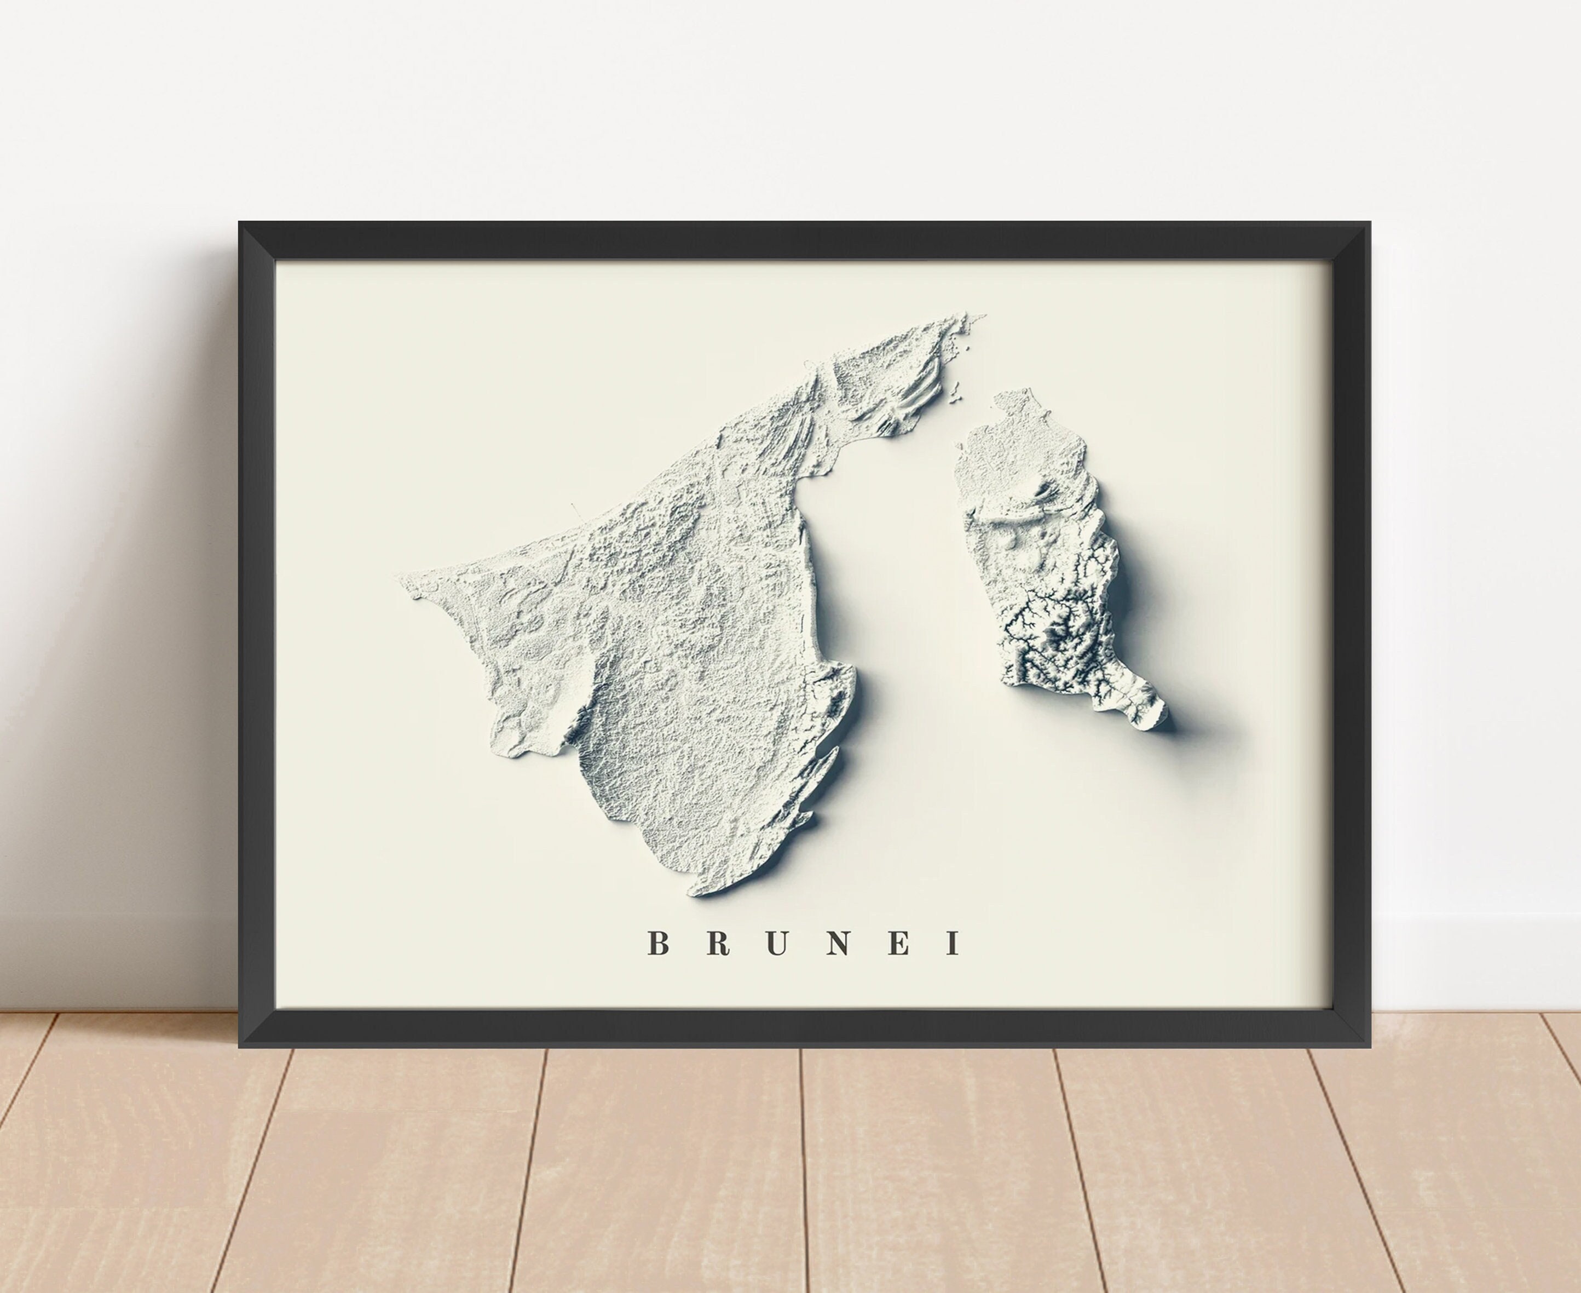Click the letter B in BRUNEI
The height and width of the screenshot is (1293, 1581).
click(657, 944)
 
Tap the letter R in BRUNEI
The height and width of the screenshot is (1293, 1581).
click(718, 944)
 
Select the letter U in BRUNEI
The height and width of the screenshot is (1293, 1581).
click(777, 944)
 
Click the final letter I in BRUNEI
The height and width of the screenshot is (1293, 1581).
click(952, 944)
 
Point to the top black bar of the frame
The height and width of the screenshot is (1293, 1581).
click(804, 240)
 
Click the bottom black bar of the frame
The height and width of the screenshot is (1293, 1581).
click(804, 1028)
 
